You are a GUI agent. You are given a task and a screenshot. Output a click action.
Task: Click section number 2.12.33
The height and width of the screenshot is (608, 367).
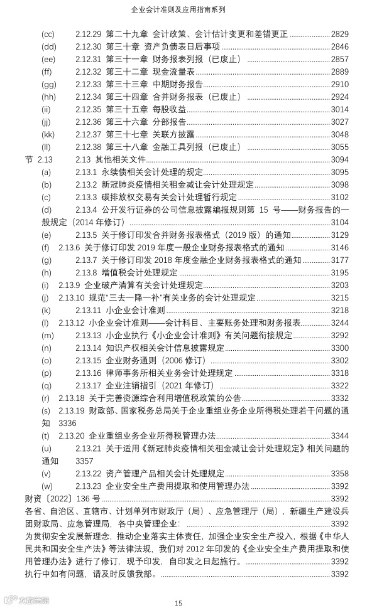(88, 84)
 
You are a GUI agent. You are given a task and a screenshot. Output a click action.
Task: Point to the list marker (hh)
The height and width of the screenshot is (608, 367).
(48, 97)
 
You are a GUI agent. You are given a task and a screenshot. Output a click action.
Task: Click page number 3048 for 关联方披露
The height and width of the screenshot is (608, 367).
(339, 134)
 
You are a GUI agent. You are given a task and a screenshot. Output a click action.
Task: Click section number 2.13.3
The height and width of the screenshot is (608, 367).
(85, 197)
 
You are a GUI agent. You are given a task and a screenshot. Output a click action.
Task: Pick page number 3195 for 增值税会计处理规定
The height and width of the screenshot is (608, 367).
(339, 272)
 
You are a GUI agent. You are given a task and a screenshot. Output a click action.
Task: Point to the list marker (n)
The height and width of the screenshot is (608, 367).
(46, 348)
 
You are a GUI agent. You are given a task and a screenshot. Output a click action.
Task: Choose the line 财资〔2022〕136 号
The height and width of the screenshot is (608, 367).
(62, 498)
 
